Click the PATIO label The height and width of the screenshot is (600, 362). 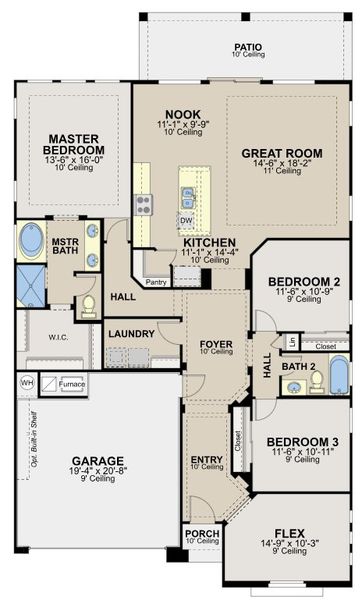point(248,46)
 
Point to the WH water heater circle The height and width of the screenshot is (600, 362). point(27,382)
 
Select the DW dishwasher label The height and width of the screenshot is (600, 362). point(186,220)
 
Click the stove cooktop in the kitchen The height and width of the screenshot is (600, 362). point(143,206)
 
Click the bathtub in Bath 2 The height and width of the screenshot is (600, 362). point(339,374)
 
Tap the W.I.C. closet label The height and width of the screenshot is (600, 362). point(58,337)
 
